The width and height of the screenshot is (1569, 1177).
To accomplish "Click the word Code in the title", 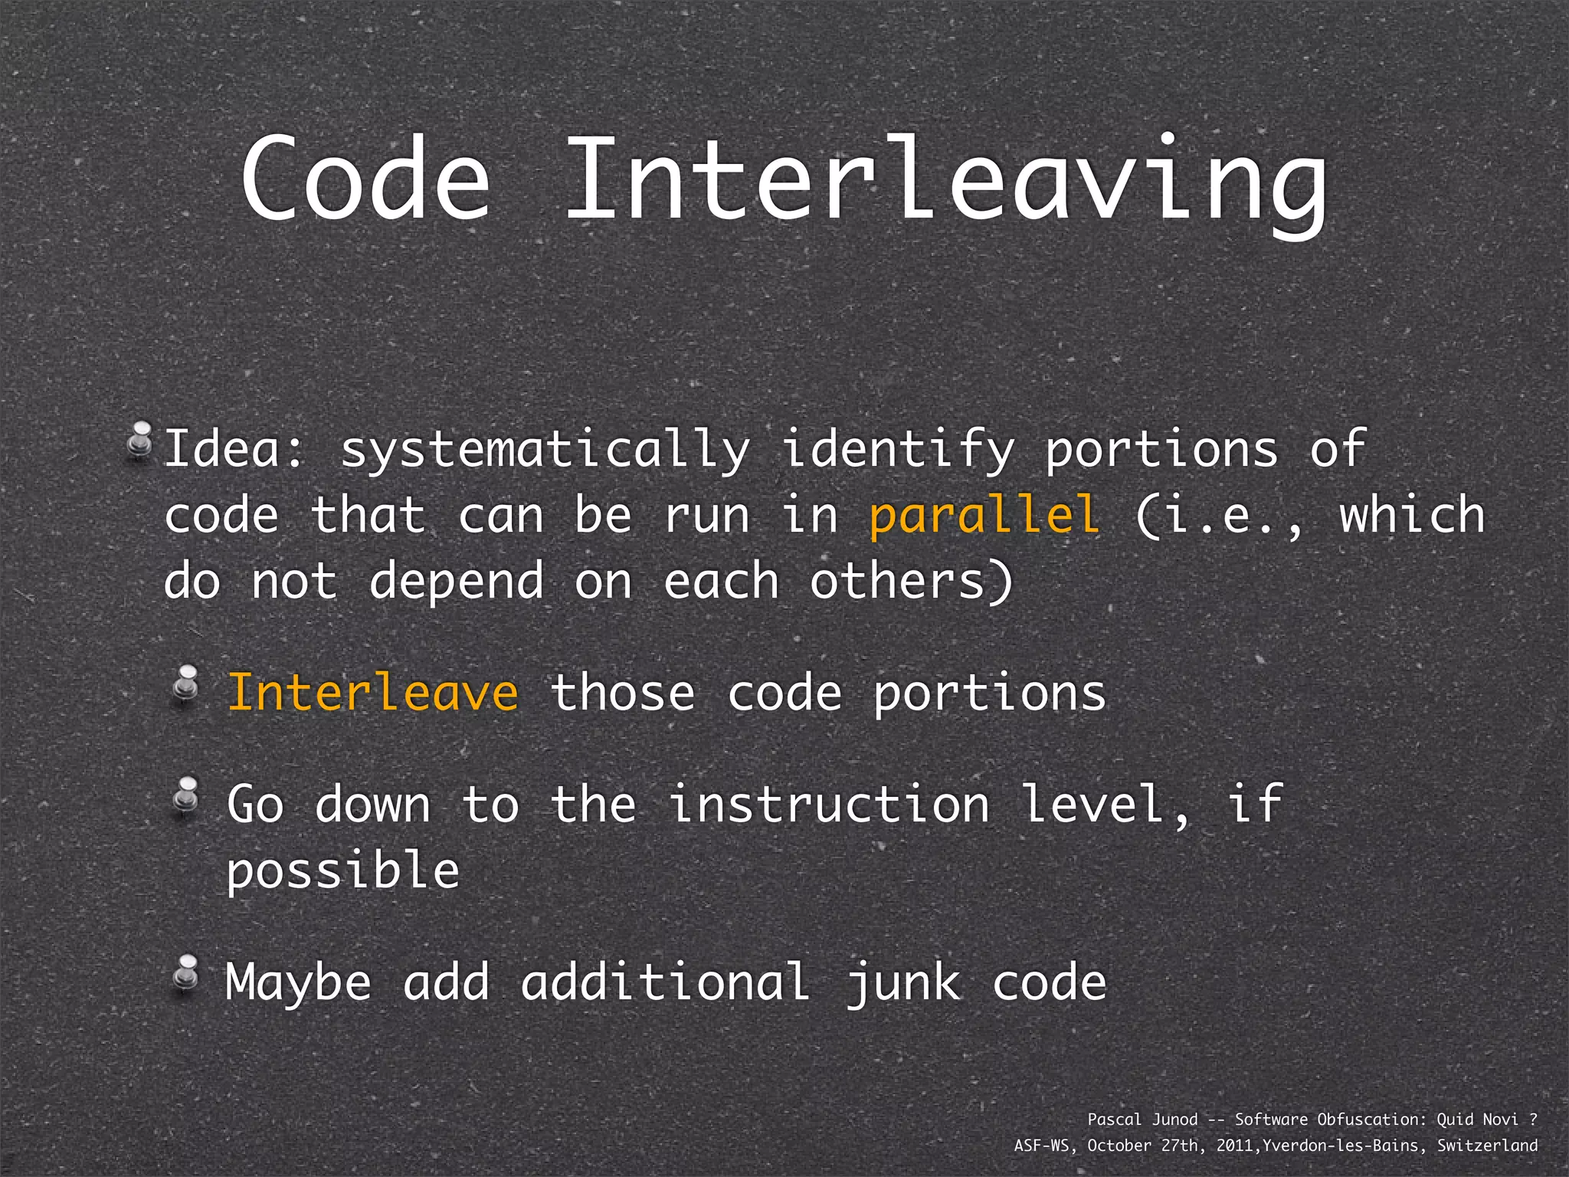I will tap(365, 179).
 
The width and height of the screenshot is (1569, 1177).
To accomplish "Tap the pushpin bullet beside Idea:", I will tap(139, 441).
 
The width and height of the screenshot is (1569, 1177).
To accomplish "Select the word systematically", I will tap(545, 450).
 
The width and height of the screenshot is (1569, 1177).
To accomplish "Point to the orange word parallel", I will tap(985, 515).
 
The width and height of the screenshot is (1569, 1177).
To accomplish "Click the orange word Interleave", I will tap(373, 693).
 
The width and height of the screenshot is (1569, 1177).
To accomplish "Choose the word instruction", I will tap(830, 805).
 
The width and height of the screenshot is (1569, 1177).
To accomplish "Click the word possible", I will tap(342, 872).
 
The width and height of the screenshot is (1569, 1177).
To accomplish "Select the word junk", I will tap(903, 983).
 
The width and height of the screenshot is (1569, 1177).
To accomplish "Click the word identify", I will tap(898, 450).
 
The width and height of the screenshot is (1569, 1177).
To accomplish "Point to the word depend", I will tap(457, 582).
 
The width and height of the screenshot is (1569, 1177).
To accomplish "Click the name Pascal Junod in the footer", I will tap(1142, 1120).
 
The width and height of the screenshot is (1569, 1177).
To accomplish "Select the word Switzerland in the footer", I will tap(1487, 1146).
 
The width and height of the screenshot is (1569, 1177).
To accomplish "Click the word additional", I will tap(664, 983).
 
